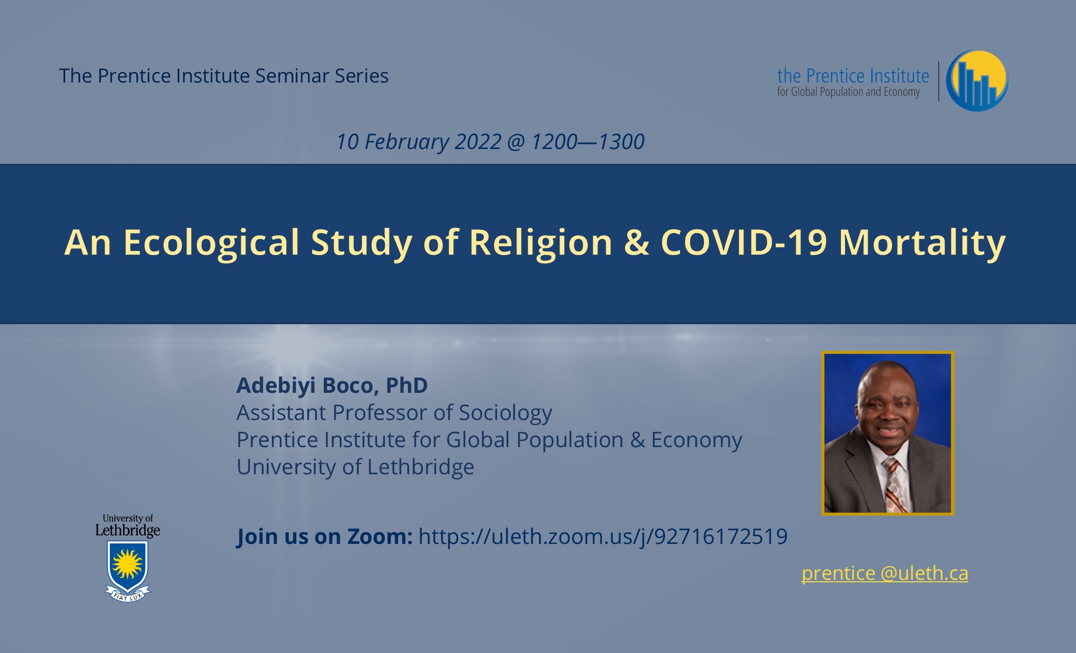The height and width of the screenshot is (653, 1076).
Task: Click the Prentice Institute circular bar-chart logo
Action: pyautogui.click(x=977, y=80)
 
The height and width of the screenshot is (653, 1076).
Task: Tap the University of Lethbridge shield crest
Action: pyautogui.click(x=128, y=566)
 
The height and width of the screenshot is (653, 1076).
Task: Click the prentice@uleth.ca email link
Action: pyautogui.click(x=885, y=573)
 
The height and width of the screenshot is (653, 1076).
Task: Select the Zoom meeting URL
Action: pyautogui.click(x=603, y=536)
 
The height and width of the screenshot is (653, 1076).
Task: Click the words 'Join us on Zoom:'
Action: pyautogui.click(x=324, y=536)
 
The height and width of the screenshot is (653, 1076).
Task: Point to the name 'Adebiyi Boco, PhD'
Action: pyautogui.click(x=332, y=385)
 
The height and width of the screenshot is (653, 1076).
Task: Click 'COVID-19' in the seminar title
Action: pyautogui.click(x=743, y=242)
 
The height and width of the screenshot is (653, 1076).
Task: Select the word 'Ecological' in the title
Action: pyautogui.click(x=211, y=242)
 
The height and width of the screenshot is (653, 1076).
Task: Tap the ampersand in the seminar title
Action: pyautogui.click(x=636, y=242)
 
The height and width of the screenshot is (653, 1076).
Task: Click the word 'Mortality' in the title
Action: pyautogui.click(x=922, y=243)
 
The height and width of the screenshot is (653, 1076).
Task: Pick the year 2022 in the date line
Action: pyautogui.click(x=478, y=142)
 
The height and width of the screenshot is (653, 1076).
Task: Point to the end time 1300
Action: pyautogui.click(x=621, y=142)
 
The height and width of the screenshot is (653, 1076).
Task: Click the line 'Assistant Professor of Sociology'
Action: pyautogui.click(x=394, y=413)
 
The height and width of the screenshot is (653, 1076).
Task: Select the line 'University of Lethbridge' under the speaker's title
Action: pyautogui.click(x=355, y=467)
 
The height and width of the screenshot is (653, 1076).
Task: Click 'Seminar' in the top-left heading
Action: pyautogui.click(x=292, y=76)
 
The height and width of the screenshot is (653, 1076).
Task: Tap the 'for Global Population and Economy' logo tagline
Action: pyautogui.click(x=849, y=92)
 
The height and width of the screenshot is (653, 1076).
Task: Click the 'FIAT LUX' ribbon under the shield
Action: pyautogui.click(x=128, y=595)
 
